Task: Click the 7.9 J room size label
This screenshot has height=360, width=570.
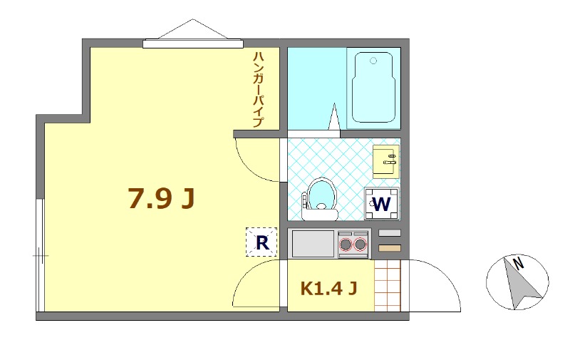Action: (161, 200)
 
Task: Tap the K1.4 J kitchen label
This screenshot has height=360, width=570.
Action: (328, 289)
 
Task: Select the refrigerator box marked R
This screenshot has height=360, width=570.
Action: (261, 242)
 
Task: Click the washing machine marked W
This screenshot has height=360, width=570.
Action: (382, 204)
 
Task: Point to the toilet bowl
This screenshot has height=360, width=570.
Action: (321, 195)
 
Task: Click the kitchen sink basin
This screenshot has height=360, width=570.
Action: (313, 244)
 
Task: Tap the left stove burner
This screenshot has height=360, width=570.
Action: (347, 245)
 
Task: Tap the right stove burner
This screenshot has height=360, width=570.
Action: (361, 245)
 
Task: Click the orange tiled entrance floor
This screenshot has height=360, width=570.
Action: (388, 285)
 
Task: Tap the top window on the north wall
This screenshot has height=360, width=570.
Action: (192, 44)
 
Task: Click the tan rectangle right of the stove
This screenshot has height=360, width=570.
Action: (390, 248)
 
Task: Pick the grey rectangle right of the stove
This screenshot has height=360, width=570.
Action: (390, 233)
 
